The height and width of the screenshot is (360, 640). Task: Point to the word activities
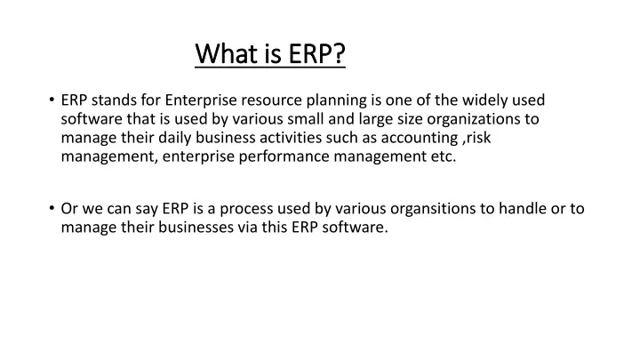point(291,138)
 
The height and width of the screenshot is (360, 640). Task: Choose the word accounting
point(420,139)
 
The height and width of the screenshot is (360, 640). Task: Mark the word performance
point(284,157)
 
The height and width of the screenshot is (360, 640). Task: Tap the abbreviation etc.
point(444,157)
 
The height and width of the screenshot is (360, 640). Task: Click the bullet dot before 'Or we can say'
point(52,208)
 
